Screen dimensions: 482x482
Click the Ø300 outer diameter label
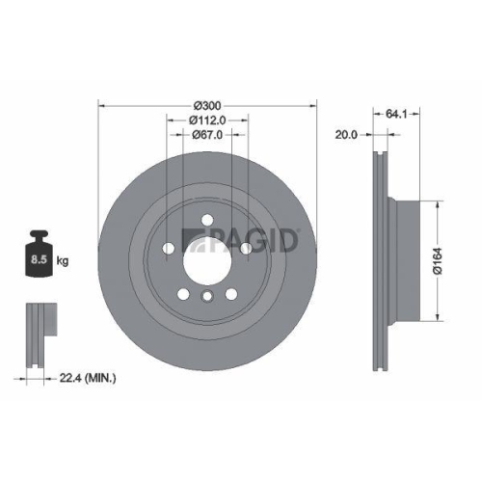[207, 104]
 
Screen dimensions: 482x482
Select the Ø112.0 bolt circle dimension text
[207, 120]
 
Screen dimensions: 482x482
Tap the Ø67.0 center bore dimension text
[207, 135]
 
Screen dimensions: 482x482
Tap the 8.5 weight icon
[40, 256]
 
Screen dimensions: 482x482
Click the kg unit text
[63, 260]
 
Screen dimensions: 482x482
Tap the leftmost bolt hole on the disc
[170, 249]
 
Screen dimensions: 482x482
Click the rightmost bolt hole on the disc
[245, 249]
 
